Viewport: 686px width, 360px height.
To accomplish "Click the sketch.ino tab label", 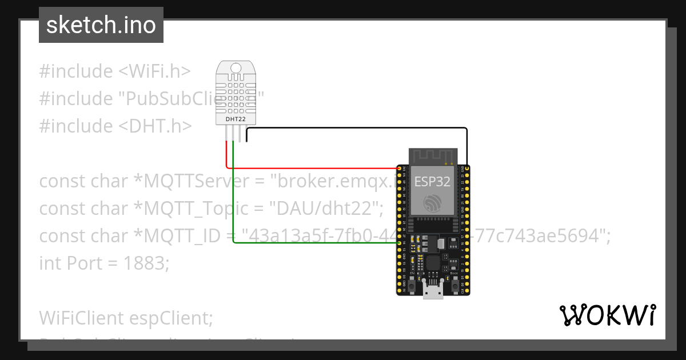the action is (x=101, y=25).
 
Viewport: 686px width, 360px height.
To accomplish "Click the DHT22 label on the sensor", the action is (x=235, y=119).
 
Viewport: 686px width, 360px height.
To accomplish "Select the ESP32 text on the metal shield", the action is (x=432, y=182).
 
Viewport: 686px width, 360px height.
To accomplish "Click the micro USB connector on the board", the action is (x=433, y=290).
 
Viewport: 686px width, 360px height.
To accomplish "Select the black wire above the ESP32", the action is (x=354, y=128).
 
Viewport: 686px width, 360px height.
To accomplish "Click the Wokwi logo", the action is (x=607, y=315).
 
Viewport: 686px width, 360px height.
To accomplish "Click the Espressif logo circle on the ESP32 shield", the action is (x=432, y=203).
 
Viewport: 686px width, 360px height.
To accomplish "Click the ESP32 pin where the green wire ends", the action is (x=399, y=243).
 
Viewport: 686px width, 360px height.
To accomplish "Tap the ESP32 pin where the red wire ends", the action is (x=399, y=168).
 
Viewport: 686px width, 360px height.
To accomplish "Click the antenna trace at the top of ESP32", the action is (x=432, y=155).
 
